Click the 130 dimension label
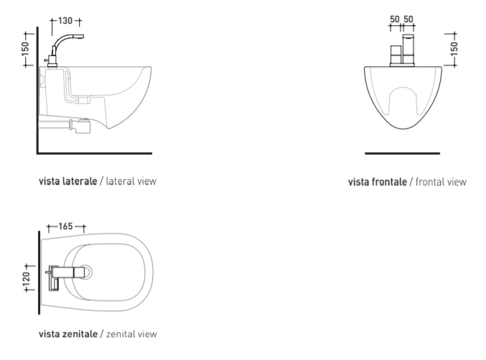click(65, 21)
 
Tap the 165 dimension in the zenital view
click(65, 226)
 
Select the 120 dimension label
click(27, 278)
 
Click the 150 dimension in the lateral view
click(25, 49)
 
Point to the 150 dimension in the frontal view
click(454, 49)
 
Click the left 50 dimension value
click(395, 19)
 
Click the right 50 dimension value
click(408, 19)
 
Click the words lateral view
click(131, 181)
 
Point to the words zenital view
click(131, 334)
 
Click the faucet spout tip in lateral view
click(82, 37)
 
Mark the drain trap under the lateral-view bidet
click(80, 126)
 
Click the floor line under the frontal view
click(402, 153)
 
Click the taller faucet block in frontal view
click(408, 50)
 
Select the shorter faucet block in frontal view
click(396, 55)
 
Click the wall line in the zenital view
click(39, 273)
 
